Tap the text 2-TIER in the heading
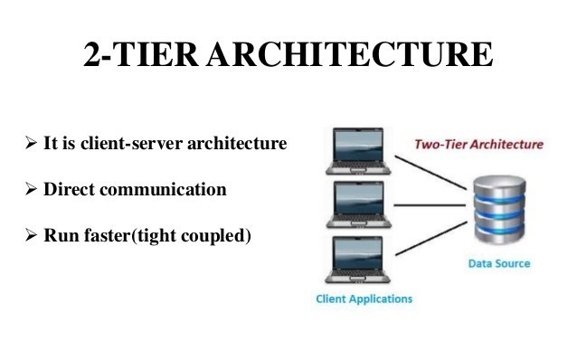[x=142, y=56]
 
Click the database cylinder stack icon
[x=498, y=207]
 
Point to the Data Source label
[x=498, y=264]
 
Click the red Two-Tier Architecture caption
[x=478, y=144]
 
